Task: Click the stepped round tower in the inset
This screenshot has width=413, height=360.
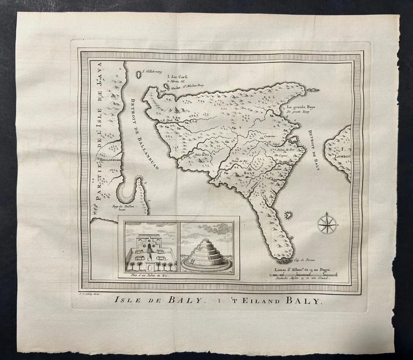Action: coord(206,255)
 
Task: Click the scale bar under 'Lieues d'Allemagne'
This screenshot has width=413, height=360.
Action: coord(303,275)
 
